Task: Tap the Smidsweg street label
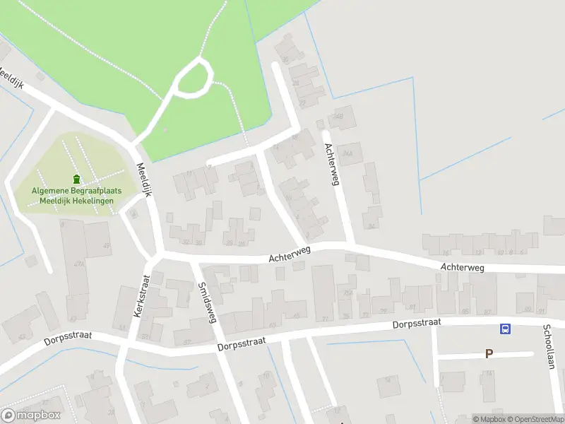pos(207,302)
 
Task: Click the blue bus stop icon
pos(506,329)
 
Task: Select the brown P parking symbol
pos(488,354)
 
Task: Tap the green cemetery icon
pos(76,180)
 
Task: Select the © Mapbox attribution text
pos(490,419)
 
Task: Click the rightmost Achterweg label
pos(462,268)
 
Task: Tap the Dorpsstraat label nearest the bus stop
pos(417,323)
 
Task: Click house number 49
pos(107,246)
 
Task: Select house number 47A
pos(78,264)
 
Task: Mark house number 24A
pos(347,153)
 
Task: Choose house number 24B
pos(339,117)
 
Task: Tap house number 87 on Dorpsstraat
pos(486,312)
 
